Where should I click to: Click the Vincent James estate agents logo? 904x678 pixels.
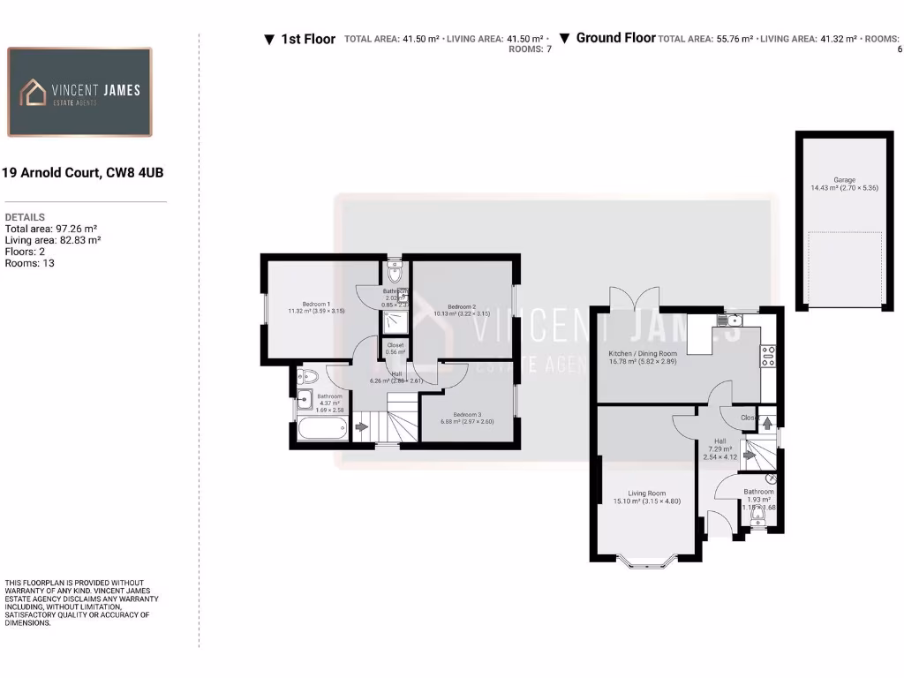coord(79,92)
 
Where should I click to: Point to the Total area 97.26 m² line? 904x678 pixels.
coord(51,229)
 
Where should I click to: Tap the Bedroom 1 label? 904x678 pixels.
coord(315,306)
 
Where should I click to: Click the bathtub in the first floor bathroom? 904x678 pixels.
coord(320,430)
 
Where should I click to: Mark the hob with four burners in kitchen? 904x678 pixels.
coord(767,355)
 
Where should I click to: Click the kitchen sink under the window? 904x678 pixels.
coord(730,319)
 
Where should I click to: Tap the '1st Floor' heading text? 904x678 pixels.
coord(308,39)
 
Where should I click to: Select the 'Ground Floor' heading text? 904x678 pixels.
coord(615,38)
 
